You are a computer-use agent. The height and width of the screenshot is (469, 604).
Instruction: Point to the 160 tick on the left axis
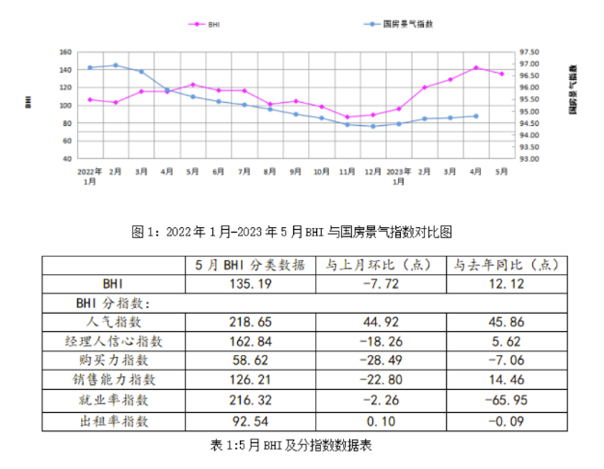pos(64,52)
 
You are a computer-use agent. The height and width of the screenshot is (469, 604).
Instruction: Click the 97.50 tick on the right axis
pos(531,52)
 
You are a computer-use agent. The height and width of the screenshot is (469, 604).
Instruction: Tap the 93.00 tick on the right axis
pos(531,159)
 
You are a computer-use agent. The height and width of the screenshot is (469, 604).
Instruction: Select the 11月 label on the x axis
pos(347,172)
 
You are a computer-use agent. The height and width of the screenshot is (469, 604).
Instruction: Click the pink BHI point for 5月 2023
pos(501,74)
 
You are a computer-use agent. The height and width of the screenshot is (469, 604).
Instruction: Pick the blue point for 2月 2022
pos(115,65)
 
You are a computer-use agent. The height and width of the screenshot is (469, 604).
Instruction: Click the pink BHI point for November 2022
pos(347,117)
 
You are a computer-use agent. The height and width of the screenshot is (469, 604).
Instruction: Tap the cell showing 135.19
pos(250,284)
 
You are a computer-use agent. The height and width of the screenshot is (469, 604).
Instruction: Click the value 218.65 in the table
pos(250,322)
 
